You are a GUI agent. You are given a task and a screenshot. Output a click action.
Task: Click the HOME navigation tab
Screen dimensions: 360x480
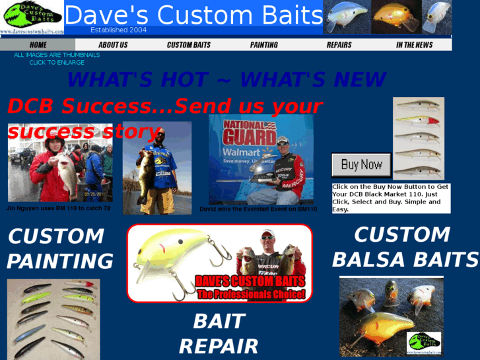click(38, 45)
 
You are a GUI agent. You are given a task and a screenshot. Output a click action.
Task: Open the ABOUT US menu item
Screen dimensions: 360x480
click(113, 45)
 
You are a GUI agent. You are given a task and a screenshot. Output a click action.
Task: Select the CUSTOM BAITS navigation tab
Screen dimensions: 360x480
click(188, 45)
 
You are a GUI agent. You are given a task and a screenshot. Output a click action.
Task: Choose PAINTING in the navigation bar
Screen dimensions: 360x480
click(264, 45)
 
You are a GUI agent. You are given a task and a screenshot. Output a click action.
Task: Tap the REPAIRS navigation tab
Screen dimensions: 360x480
click(339, 45)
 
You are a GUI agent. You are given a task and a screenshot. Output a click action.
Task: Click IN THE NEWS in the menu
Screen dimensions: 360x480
click(414, 45)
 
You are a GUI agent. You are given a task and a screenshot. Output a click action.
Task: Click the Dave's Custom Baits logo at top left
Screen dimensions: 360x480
click(32, 17)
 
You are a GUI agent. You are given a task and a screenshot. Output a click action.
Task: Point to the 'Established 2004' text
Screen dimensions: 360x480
click(118, 30)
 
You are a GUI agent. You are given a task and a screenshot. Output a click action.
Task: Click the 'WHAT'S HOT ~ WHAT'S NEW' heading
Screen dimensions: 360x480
click(226, 80)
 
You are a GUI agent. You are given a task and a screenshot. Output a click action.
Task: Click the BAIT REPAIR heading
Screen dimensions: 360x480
click(219, 334)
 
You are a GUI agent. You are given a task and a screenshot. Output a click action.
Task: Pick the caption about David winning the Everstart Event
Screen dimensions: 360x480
click(258, 209)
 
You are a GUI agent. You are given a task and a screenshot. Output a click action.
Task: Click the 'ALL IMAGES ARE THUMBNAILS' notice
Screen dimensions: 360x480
click(57, 55)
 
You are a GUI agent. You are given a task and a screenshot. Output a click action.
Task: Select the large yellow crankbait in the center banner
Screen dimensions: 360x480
click(174, 254)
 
